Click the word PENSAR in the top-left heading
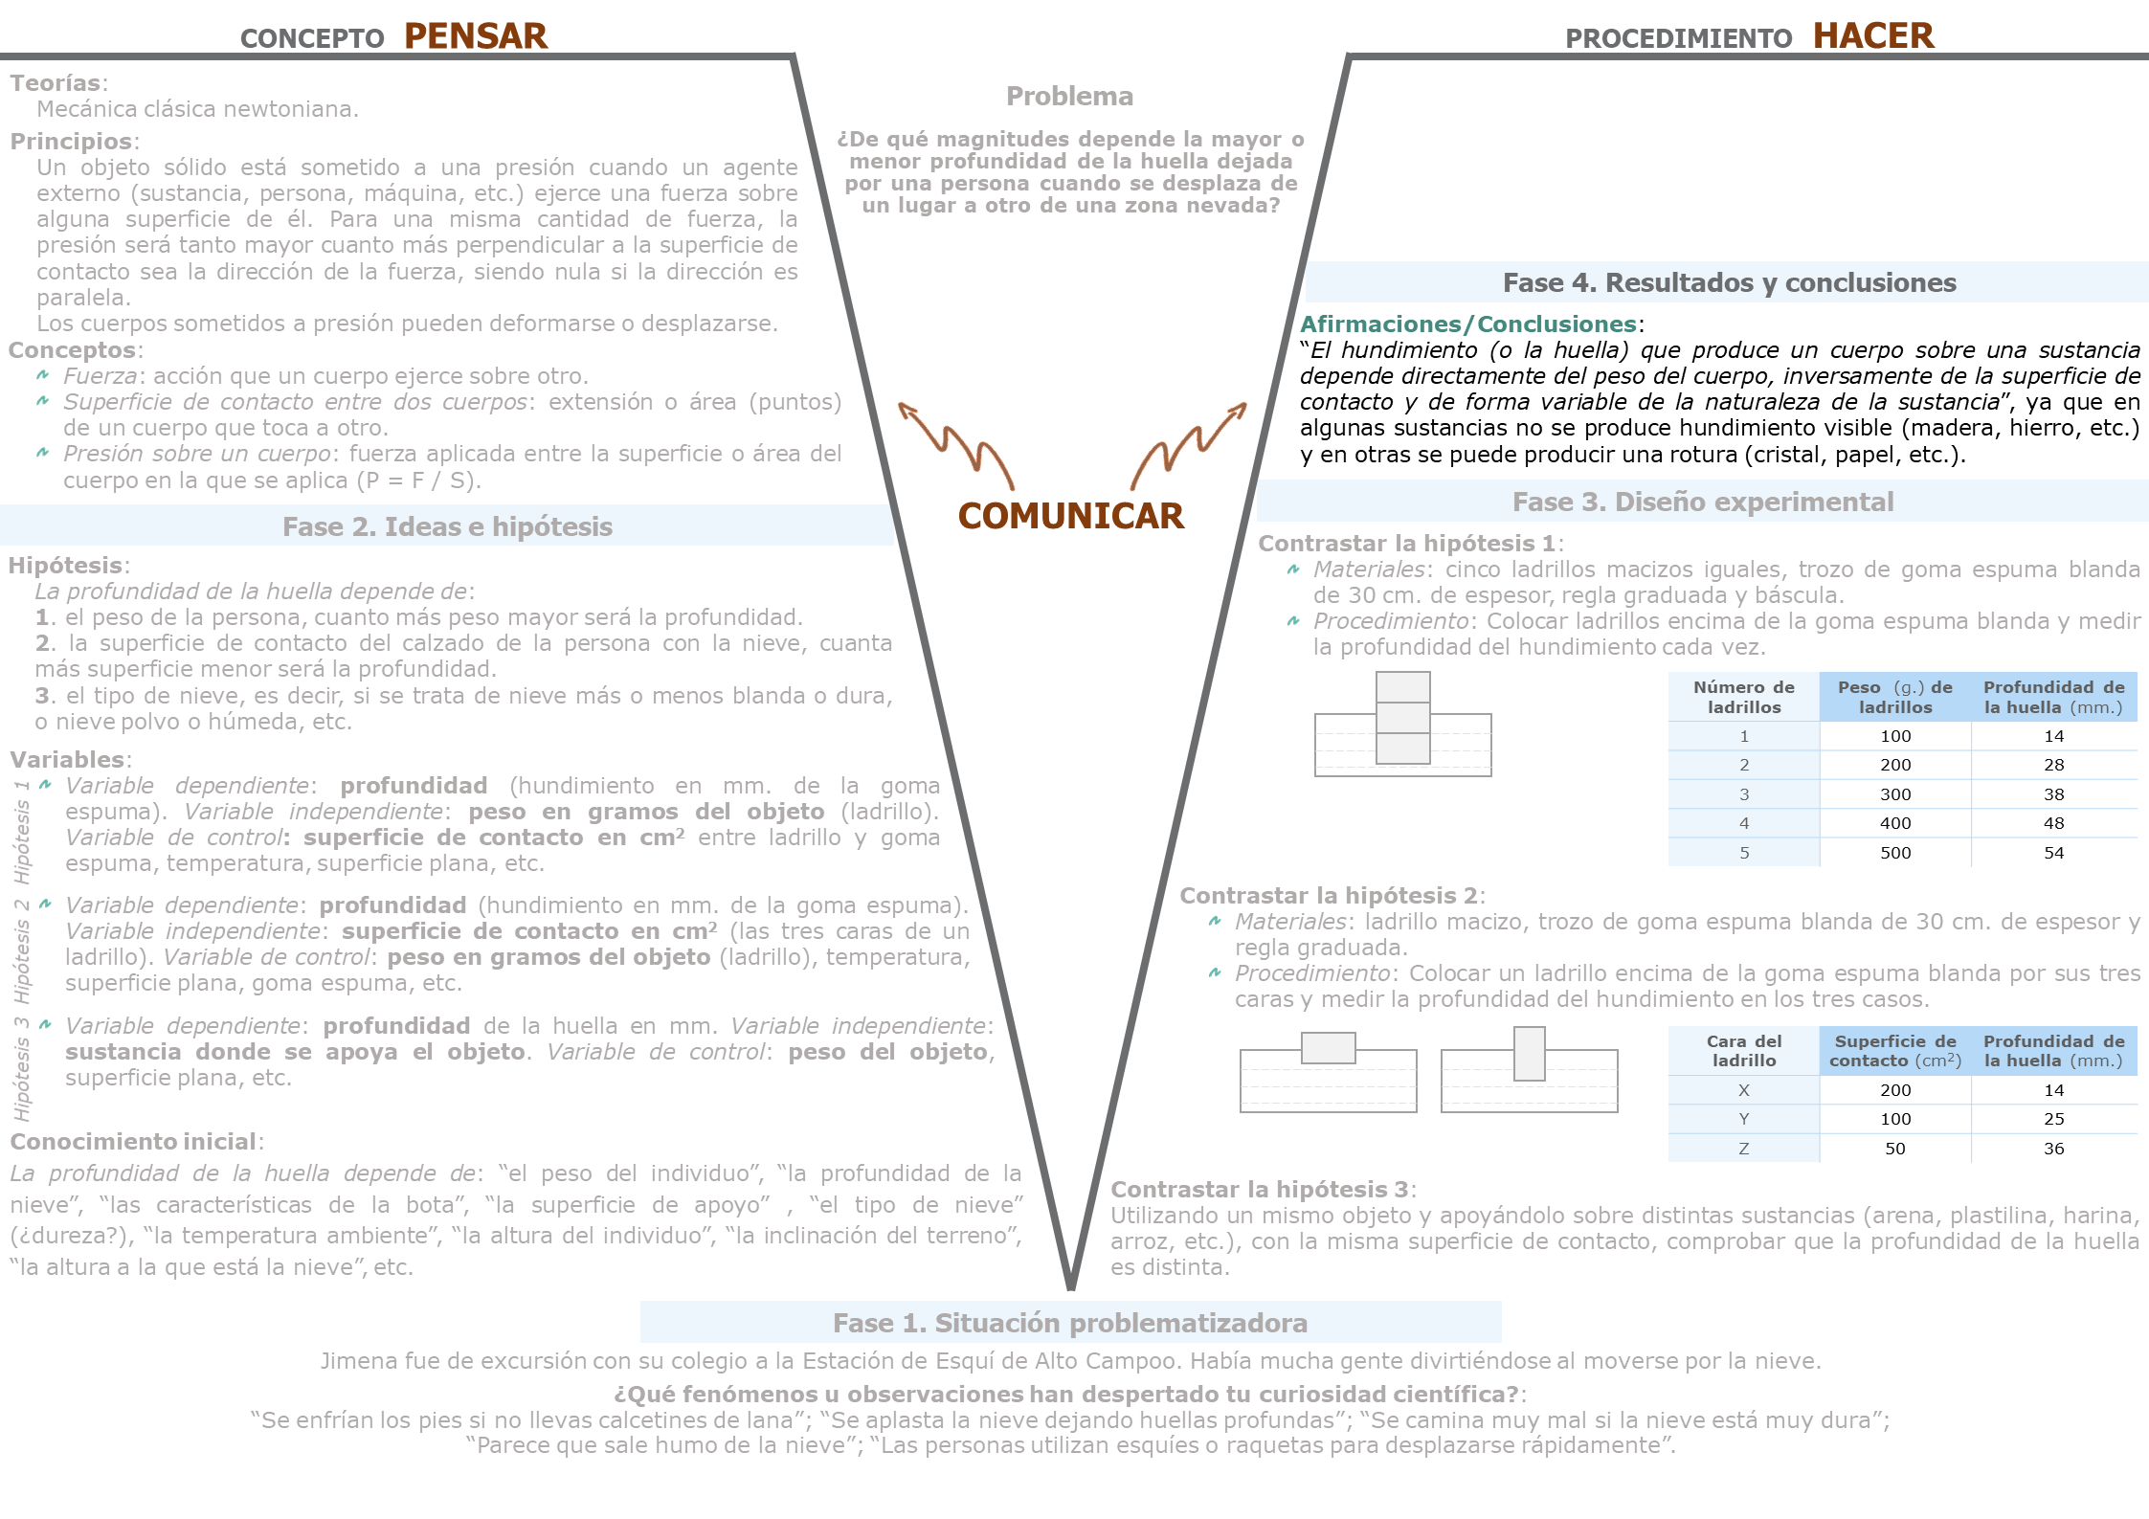pyautogui.click(x=475, y=36)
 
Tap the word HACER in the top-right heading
pyautogui.click(x=1872, y=36)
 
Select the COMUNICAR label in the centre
pyautogui.click(x=1070, y=516)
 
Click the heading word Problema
pyautogui.click(x=1069, y=97)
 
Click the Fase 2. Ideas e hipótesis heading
pyautogui.click(x=447, y=526)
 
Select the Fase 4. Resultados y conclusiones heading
pyautogui.click(x=1729, y=283)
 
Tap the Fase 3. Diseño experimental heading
pyautogui.click(x=1702, y=503)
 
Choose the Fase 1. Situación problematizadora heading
pyautogui.click(x=1069, y=1323)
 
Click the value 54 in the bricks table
pyautogui.click(x=2053, y=853)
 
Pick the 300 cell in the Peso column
pyautogui.click(x=1894, y=794)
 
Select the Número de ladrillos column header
pyautogui.click(x=1743, y=697)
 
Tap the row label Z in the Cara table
pyautogui.click(x=1743, y=1149)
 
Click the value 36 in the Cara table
pyautogui.click(x=2053, y=1149)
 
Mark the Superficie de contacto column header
pyautogui.click(x=1894, y=1051)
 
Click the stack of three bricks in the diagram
pyautogui.click(x=1402, y=717)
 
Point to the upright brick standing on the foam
pyautogui.click(x=1529, y=1053)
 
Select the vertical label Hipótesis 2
pyautogui.click(x=22, y=950)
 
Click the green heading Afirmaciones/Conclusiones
pyautogui.click(x=1467, y=324)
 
